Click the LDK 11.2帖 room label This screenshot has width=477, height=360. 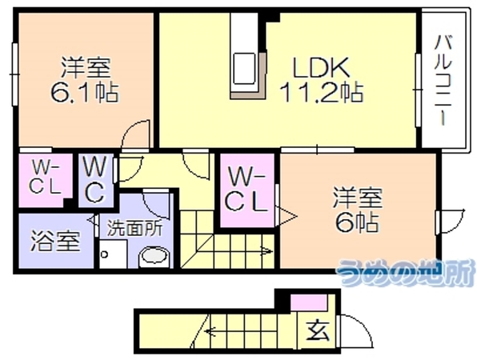(321, 79)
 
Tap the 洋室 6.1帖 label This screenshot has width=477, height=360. (85, 79)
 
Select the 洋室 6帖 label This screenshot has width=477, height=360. (358, 210)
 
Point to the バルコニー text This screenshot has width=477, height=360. (443, 80)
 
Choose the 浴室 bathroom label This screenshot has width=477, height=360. (56, 241)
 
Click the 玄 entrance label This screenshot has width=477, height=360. (319, 330)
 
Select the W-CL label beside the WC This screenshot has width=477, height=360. (46, 178)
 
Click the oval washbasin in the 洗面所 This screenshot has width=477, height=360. (154, 255)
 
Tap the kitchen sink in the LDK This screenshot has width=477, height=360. (243, 69)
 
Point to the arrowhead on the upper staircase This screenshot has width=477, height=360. (267, 251)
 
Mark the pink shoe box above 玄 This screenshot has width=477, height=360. (309, 302)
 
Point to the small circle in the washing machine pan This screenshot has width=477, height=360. (104, 254)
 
